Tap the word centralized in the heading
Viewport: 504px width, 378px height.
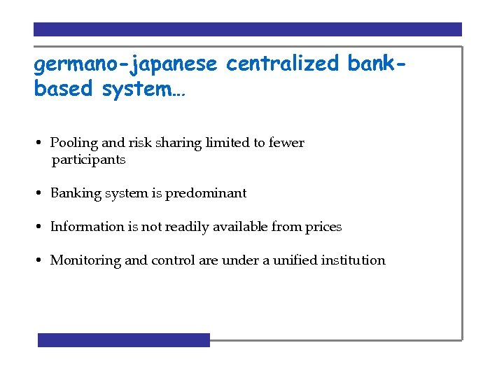(x=283, y=64)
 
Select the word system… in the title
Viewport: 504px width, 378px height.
(x=143, y=90)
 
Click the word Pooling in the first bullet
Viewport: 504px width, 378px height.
(x=74, y=143)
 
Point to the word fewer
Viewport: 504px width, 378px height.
(x=287, y=143)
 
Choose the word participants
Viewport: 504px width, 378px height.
(x=88, y=160)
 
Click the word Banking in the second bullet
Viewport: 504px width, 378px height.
(x=76, y=193)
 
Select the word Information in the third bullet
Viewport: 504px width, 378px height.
(x=85, y=227)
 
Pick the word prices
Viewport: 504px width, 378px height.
(x=323, y=227)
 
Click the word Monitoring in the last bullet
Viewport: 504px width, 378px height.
(x=85, y=260)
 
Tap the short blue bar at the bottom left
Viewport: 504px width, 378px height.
(x=124, y=339)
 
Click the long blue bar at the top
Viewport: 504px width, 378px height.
(x=248, y=29)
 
